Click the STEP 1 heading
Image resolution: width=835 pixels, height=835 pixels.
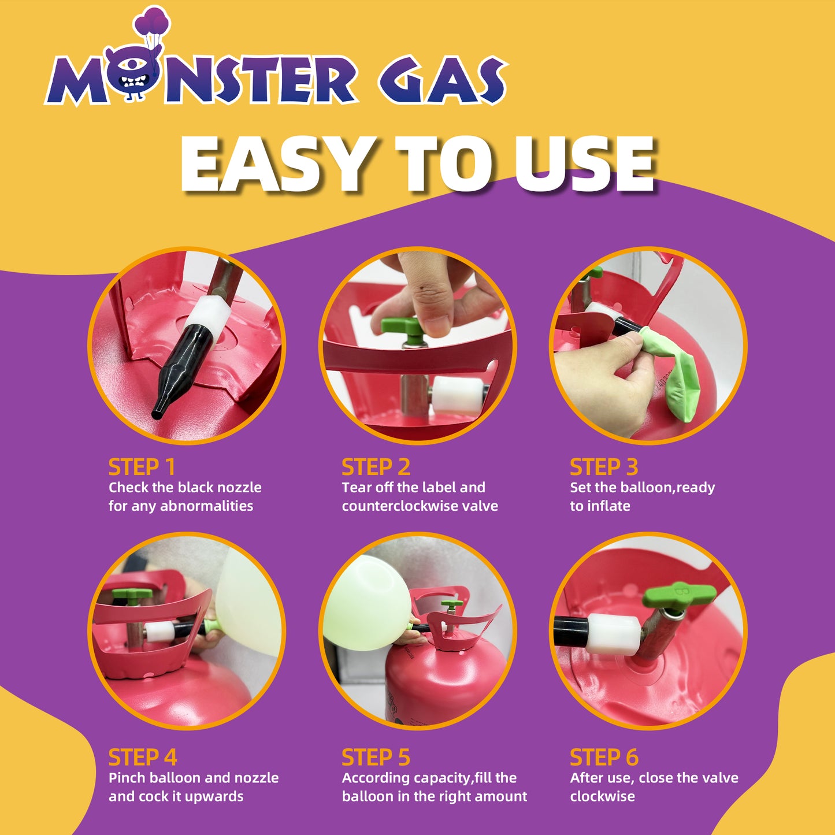pyautogui.click(x=142, y=467)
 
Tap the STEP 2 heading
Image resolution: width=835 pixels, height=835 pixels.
pyautogui.click(x=376, y=467)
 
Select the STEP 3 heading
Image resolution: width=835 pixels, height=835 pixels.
pyautogui.click(x=604, y=467)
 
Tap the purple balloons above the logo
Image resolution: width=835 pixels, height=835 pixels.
pyautogui.click(x=152, y=21)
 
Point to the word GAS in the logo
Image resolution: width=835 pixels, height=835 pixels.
pyautogui.click(x=442, y=80)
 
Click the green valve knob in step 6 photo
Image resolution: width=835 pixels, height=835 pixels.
pyautogui.click(x=678, y=594)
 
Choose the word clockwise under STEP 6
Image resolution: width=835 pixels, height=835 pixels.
pyautogui.click(x=602, y=796)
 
